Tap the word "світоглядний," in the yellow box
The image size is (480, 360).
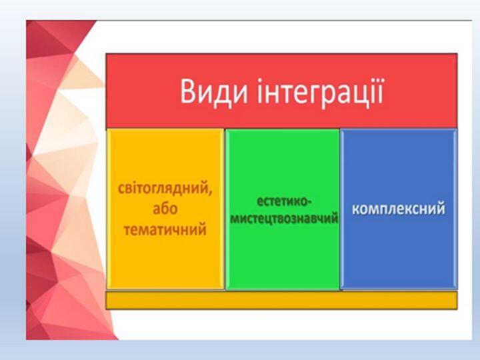165,188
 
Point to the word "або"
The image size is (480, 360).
165,209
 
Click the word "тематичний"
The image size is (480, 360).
165,229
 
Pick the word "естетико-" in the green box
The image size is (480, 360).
283,202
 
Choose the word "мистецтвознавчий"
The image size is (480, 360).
284,219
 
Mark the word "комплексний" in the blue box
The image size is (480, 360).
399,209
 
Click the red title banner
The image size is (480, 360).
281,91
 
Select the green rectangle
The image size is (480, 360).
283,209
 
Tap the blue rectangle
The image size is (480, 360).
399,209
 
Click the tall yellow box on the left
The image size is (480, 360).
165,209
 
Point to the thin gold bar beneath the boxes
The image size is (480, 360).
281,300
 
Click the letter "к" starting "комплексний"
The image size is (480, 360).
356,210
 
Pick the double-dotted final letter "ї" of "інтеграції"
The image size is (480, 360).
380,91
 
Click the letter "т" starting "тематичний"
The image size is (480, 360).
127,230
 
